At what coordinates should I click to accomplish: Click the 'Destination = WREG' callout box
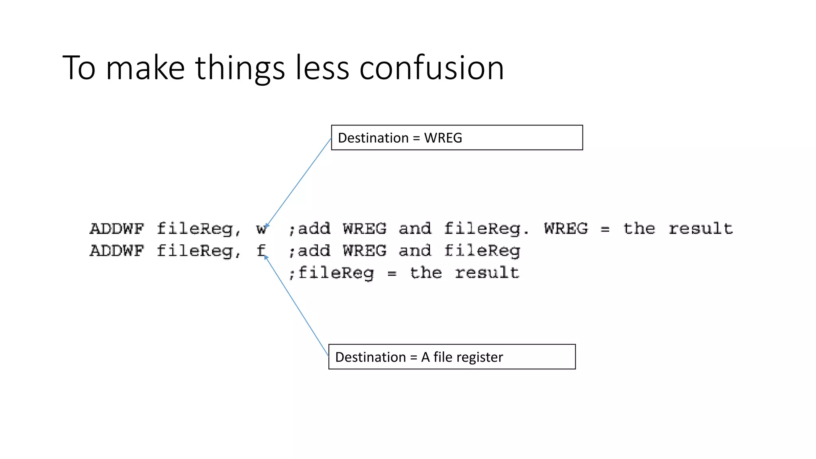pyautogui.click(x=457, y=138)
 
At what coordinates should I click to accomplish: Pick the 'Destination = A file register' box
pyautogui.click(x=452, y=357)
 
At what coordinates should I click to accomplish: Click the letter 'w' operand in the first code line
pyautogui.click(x=261, y=229)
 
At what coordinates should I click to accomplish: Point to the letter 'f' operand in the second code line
pyautogui.click(x=261, y=251)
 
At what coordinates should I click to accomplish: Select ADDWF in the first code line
pyautogui.click(x=117, y=229)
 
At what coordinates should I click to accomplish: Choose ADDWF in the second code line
pyautogui.click(x=117, y=251)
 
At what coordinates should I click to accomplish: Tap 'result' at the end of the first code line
pyautogui.click(x=700, y=229)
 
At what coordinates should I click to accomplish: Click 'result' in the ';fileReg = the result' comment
pyautogui.click(x=487, y=273)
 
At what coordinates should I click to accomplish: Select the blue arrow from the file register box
pyautogui.click(x=296, y=306)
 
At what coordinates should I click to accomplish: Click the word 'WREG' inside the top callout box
pyautogui.click(x=443, y=138)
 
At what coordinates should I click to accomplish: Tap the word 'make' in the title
pyautogui.click(x=145, y=68)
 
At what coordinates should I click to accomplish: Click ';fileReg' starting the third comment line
pyautogui.click(x=331, y=273)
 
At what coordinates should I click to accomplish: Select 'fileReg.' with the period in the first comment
pyautogui.click(x=486, y=229)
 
